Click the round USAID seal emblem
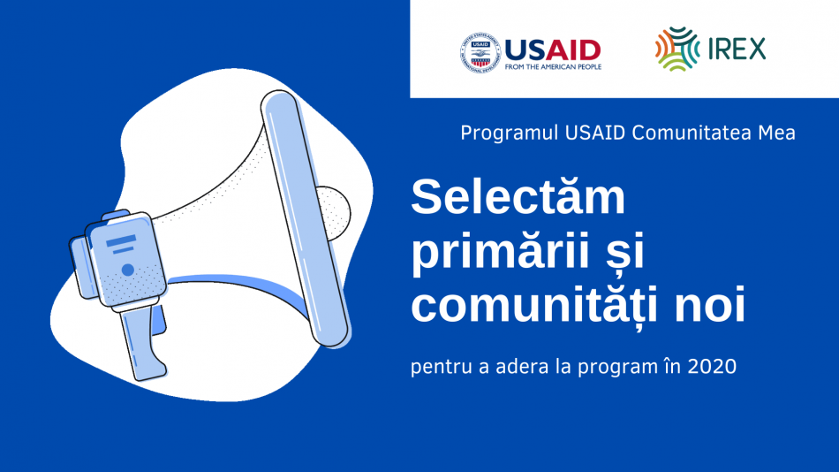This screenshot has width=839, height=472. [480, 52]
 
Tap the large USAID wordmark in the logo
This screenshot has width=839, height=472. [553, 50]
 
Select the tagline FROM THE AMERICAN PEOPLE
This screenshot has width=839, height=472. [553, 67]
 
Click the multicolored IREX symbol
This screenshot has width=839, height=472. [677, 49]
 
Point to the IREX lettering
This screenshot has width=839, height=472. [737, 49]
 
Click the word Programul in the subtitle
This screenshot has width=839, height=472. [510, 133]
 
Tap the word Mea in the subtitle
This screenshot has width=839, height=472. [776, 133]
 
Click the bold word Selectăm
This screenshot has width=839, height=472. [518, 196]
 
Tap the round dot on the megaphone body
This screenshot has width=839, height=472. [128, 270]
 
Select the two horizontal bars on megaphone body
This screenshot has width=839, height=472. [122, 244]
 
